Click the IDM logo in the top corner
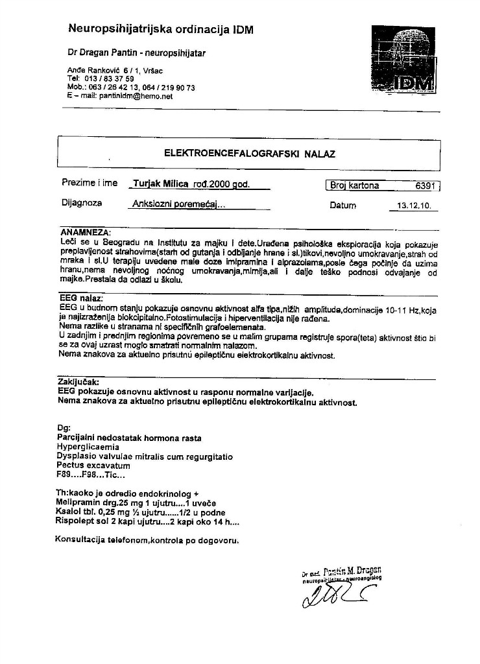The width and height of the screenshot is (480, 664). click(x=404, y=59)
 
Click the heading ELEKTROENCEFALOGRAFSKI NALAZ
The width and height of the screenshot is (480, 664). click(x=250, y=154)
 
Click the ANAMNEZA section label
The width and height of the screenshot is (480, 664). click(x=86, y=231)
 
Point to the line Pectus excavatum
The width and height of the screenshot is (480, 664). click(x=93, y=466)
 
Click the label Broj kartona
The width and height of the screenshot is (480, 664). click(x=355, y=186)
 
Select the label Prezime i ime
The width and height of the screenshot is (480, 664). click(x=90, y=183)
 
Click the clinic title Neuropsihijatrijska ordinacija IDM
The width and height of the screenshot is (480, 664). click(x=161, y=30)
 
